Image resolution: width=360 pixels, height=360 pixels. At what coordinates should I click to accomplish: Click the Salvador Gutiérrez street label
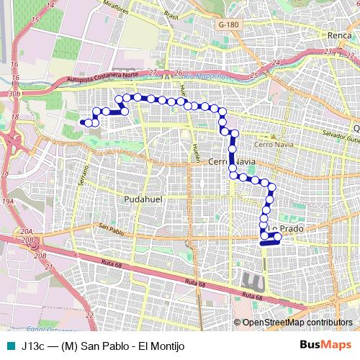point(341,135)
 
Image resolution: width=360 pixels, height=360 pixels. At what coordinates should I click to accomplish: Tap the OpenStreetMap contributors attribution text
point(297,323)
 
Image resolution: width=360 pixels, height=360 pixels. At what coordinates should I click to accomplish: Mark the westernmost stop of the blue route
point(88,122)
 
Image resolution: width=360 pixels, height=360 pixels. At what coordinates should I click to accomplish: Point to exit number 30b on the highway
point(14,94)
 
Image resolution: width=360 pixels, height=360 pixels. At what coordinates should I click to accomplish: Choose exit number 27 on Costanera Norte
point(153,73)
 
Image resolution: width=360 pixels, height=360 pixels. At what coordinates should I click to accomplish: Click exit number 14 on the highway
point(50,5)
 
